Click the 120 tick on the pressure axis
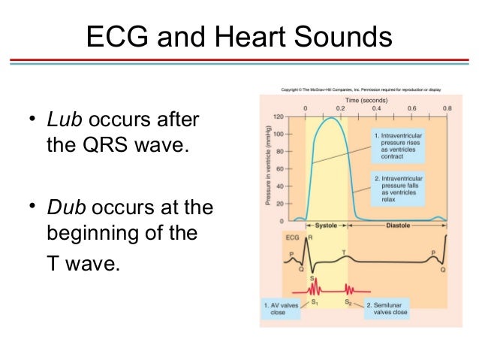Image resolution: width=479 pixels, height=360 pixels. tap(280, 117)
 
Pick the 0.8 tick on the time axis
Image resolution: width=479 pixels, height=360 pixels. tap(447, 108)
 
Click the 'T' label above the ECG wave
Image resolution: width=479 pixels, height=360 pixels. tap(344, 251)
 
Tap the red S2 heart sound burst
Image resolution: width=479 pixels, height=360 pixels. tap(348, 288)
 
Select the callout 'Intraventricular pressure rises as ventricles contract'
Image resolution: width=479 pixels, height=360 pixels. tap(396, 144)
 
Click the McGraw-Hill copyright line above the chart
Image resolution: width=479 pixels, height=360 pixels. tap(360, 90)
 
